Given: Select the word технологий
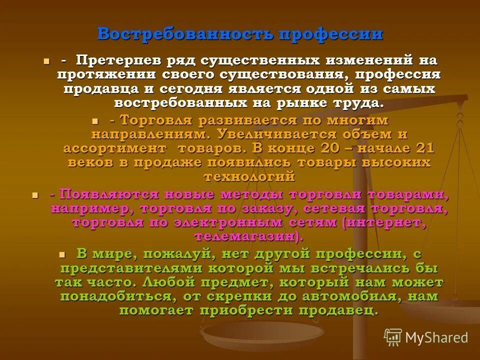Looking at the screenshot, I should point(249,176).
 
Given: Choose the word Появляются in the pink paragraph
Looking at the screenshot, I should point(95,194).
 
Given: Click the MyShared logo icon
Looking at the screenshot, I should point(393,337).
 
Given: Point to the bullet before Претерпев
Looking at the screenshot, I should point(46,61).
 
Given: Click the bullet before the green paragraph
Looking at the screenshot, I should point(62,254).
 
